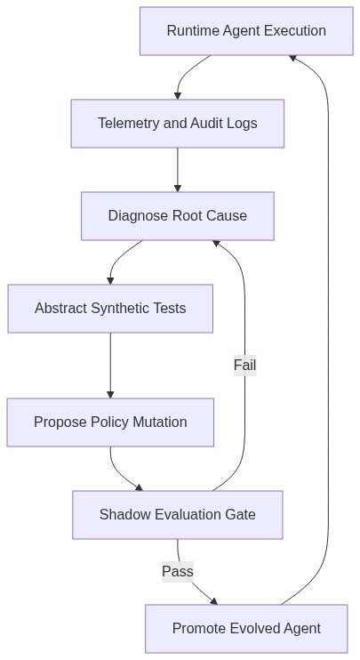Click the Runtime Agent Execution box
[246, 31]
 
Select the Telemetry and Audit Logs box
[178, 124]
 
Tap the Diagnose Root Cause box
[178, 216]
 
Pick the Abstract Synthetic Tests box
[110, 309]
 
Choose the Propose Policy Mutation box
[110, 423]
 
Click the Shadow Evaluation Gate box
[178, 515]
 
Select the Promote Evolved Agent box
[246, 629]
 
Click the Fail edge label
[244, 365]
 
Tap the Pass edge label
[178, 571]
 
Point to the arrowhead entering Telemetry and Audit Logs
[178, 96]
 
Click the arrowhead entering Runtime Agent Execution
[292, 58]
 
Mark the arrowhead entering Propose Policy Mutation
[110, 394]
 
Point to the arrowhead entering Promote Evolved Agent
[213, 601]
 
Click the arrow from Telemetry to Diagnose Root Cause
[178, 170]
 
